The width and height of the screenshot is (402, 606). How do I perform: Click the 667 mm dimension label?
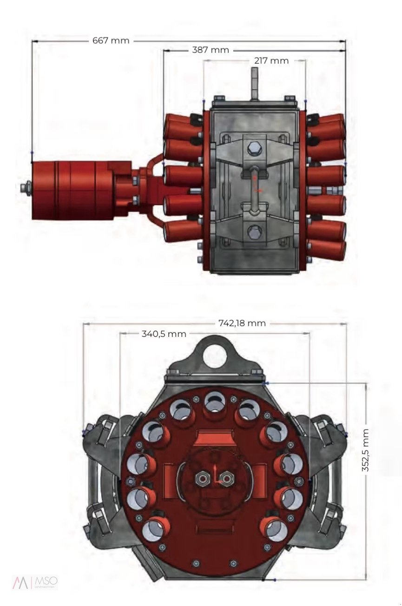(111, 40)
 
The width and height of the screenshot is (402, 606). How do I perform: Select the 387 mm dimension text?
(210, 50)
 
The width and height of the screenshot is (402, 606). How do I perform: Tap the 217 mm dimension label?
(271, 60)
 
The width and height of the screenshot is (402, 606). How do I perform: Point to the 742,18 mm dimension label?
(242, 323)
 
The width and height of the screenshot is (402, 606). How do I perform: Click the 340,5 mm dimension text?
(164, 334)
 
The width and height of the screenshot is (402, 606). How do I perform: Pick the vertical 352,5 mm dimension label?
(366, 450)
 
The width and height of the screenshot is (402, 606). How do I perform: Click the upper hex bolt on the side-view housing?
(254, 150)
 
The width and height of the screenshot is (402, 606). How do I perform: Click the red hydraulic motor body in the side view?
(74, 190)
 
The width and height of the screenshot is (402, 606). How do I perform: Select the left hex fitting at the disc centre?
(204, 478)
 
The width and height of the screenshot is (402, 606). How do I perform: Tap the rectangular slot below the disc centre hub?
(214, 527)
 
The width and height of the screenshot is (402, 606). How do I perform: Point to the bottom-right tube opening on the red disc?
(275, 530)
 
